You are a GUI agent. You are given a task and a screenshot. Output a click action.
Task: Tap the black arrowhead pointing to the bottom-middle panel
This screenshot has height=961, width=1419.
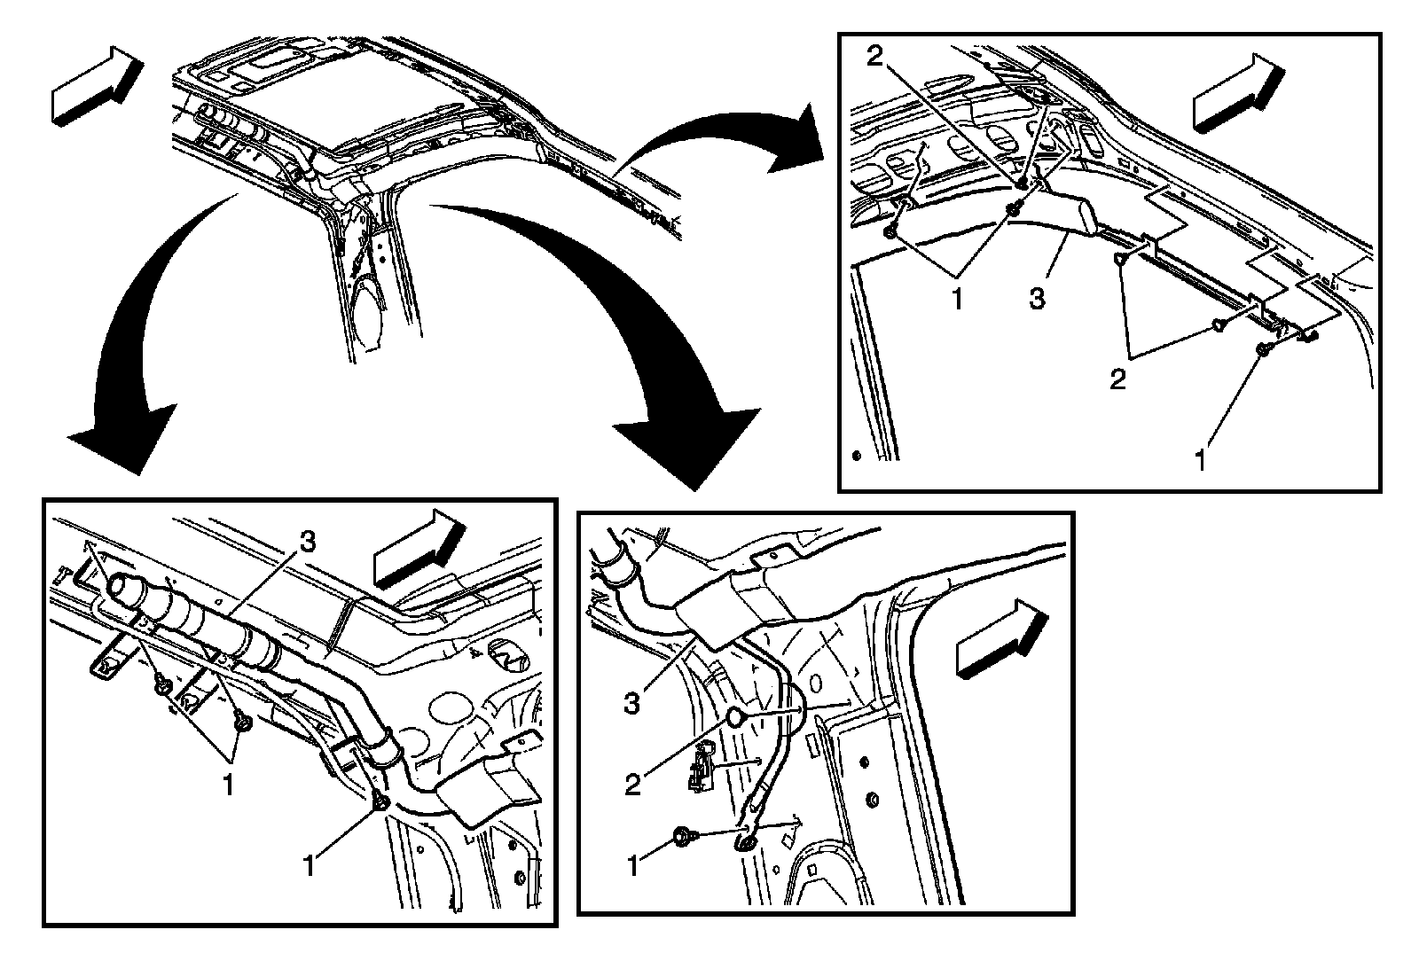[x=692, y=443]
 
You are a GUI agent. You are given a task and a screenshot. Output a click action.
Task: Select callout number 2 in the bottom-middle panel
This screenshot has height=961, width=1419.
[x=632, y=784]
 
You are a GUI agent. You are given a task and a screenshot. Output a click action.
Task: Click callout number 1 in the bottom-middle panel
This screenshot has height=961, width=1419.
[x=632, y=865]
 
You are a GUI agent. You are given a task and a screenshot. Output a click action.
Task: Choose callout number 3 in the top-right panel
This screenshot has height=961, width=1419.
[x=1037, y=299]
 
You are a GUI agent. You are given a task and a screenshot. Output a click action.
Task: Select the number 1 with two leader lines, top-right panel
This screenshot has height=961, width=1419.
[x=956, y=300]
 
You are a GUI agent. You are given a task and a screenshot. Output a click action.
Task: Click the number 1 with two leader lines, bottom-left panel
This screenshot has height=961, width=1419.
[x=228, y=784]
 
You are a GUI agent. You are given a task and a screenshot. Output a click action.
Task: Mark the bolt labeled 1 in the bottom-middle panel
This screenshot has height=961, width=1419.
[x=686, y=835]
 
